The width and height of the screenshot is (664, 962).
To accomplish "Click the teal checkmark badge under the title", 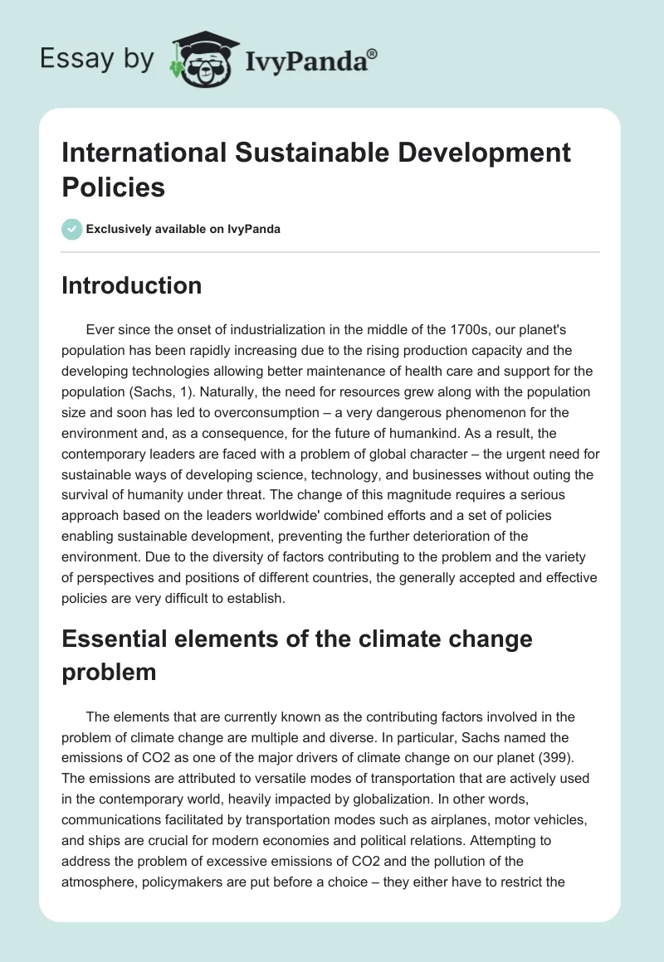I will tap(72, 228).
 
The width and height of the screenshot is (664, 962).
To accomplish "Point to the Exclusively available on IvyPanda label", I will tap(183, 229).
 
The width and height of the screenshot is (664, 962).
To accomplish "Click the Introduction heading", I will tap(132, 285).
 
